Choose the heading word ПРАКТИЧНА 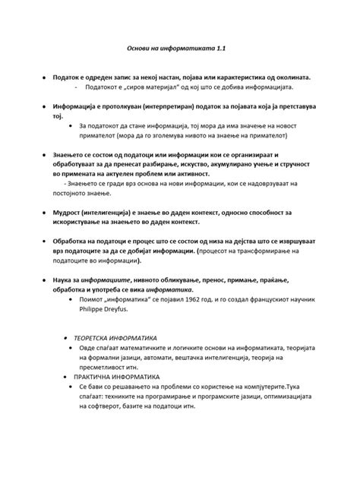pyautogui.click(x=96, y=377)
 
